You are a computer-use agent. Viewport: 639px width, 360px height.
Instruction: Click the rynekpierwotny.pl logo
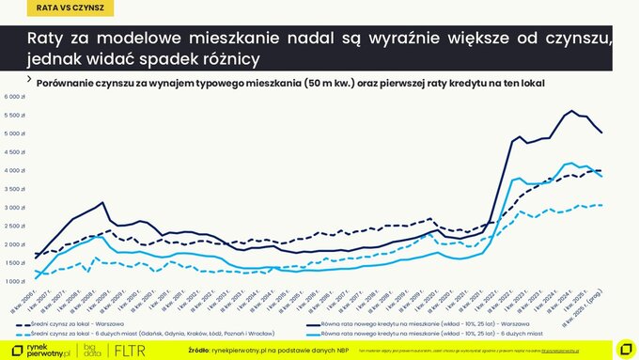click(x=47, y=350)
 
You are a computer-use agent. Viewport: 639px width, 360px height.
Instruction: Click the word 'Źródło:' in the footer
click(x=199, y=350)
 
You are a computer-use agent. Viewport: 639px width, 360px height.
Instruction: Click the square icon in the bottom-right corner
click(x=622, y=348)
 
